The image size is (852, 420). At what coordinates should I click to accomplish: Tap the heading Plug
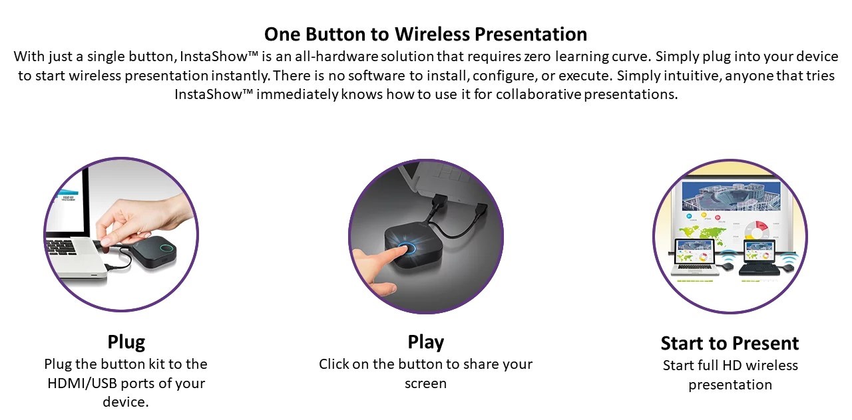tap(126, 342)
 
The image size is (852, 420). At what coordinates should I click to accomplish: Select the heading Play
tap(425, 342)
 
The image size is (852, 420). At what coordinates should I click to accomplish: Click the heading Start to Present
tap(730, 344)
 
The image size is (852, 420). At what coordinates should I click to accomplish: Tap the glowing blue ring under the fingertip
tap(406, 249)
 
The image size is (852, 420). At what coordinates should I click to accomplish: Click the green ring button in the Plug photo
tap(166, 249)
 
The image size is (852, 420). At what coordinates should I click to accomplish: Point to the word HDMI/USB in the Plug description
tap(82, 383)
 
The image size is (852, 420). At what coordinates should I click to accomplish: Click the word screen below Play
tap(425, 383)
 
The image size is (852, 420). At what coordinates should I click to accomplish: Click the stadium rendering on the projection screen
tap(731, 196)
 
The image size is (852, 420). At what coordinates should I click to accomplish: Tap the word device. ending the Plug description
tap(126, 402)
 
